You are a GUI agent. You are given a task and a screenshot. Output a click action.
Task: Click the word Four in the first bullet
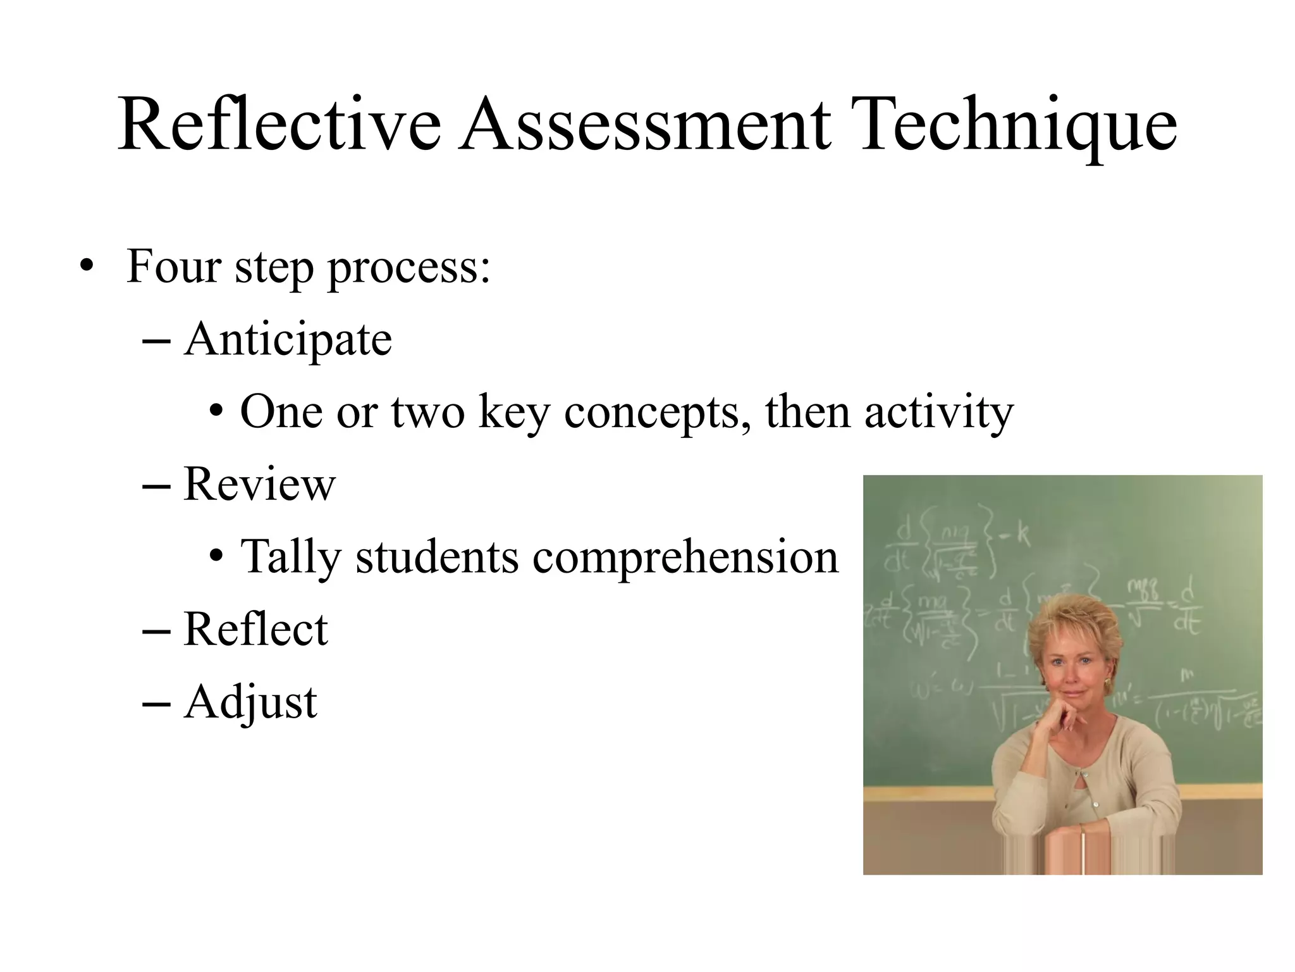click(x=173, y=266)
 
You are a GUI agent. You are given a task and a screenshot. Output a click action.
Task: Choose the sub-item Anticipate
click(x=288, y=340)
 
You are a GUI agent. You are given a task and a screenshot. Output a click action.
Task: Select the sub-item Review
click(x=259, y=485)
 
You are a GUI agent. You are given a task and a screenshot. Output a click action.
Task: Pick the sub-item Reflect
click(x=255, y=630)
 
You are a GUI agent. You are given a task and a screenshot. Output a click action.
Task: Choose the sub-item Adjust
click(x=250, y=703)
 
